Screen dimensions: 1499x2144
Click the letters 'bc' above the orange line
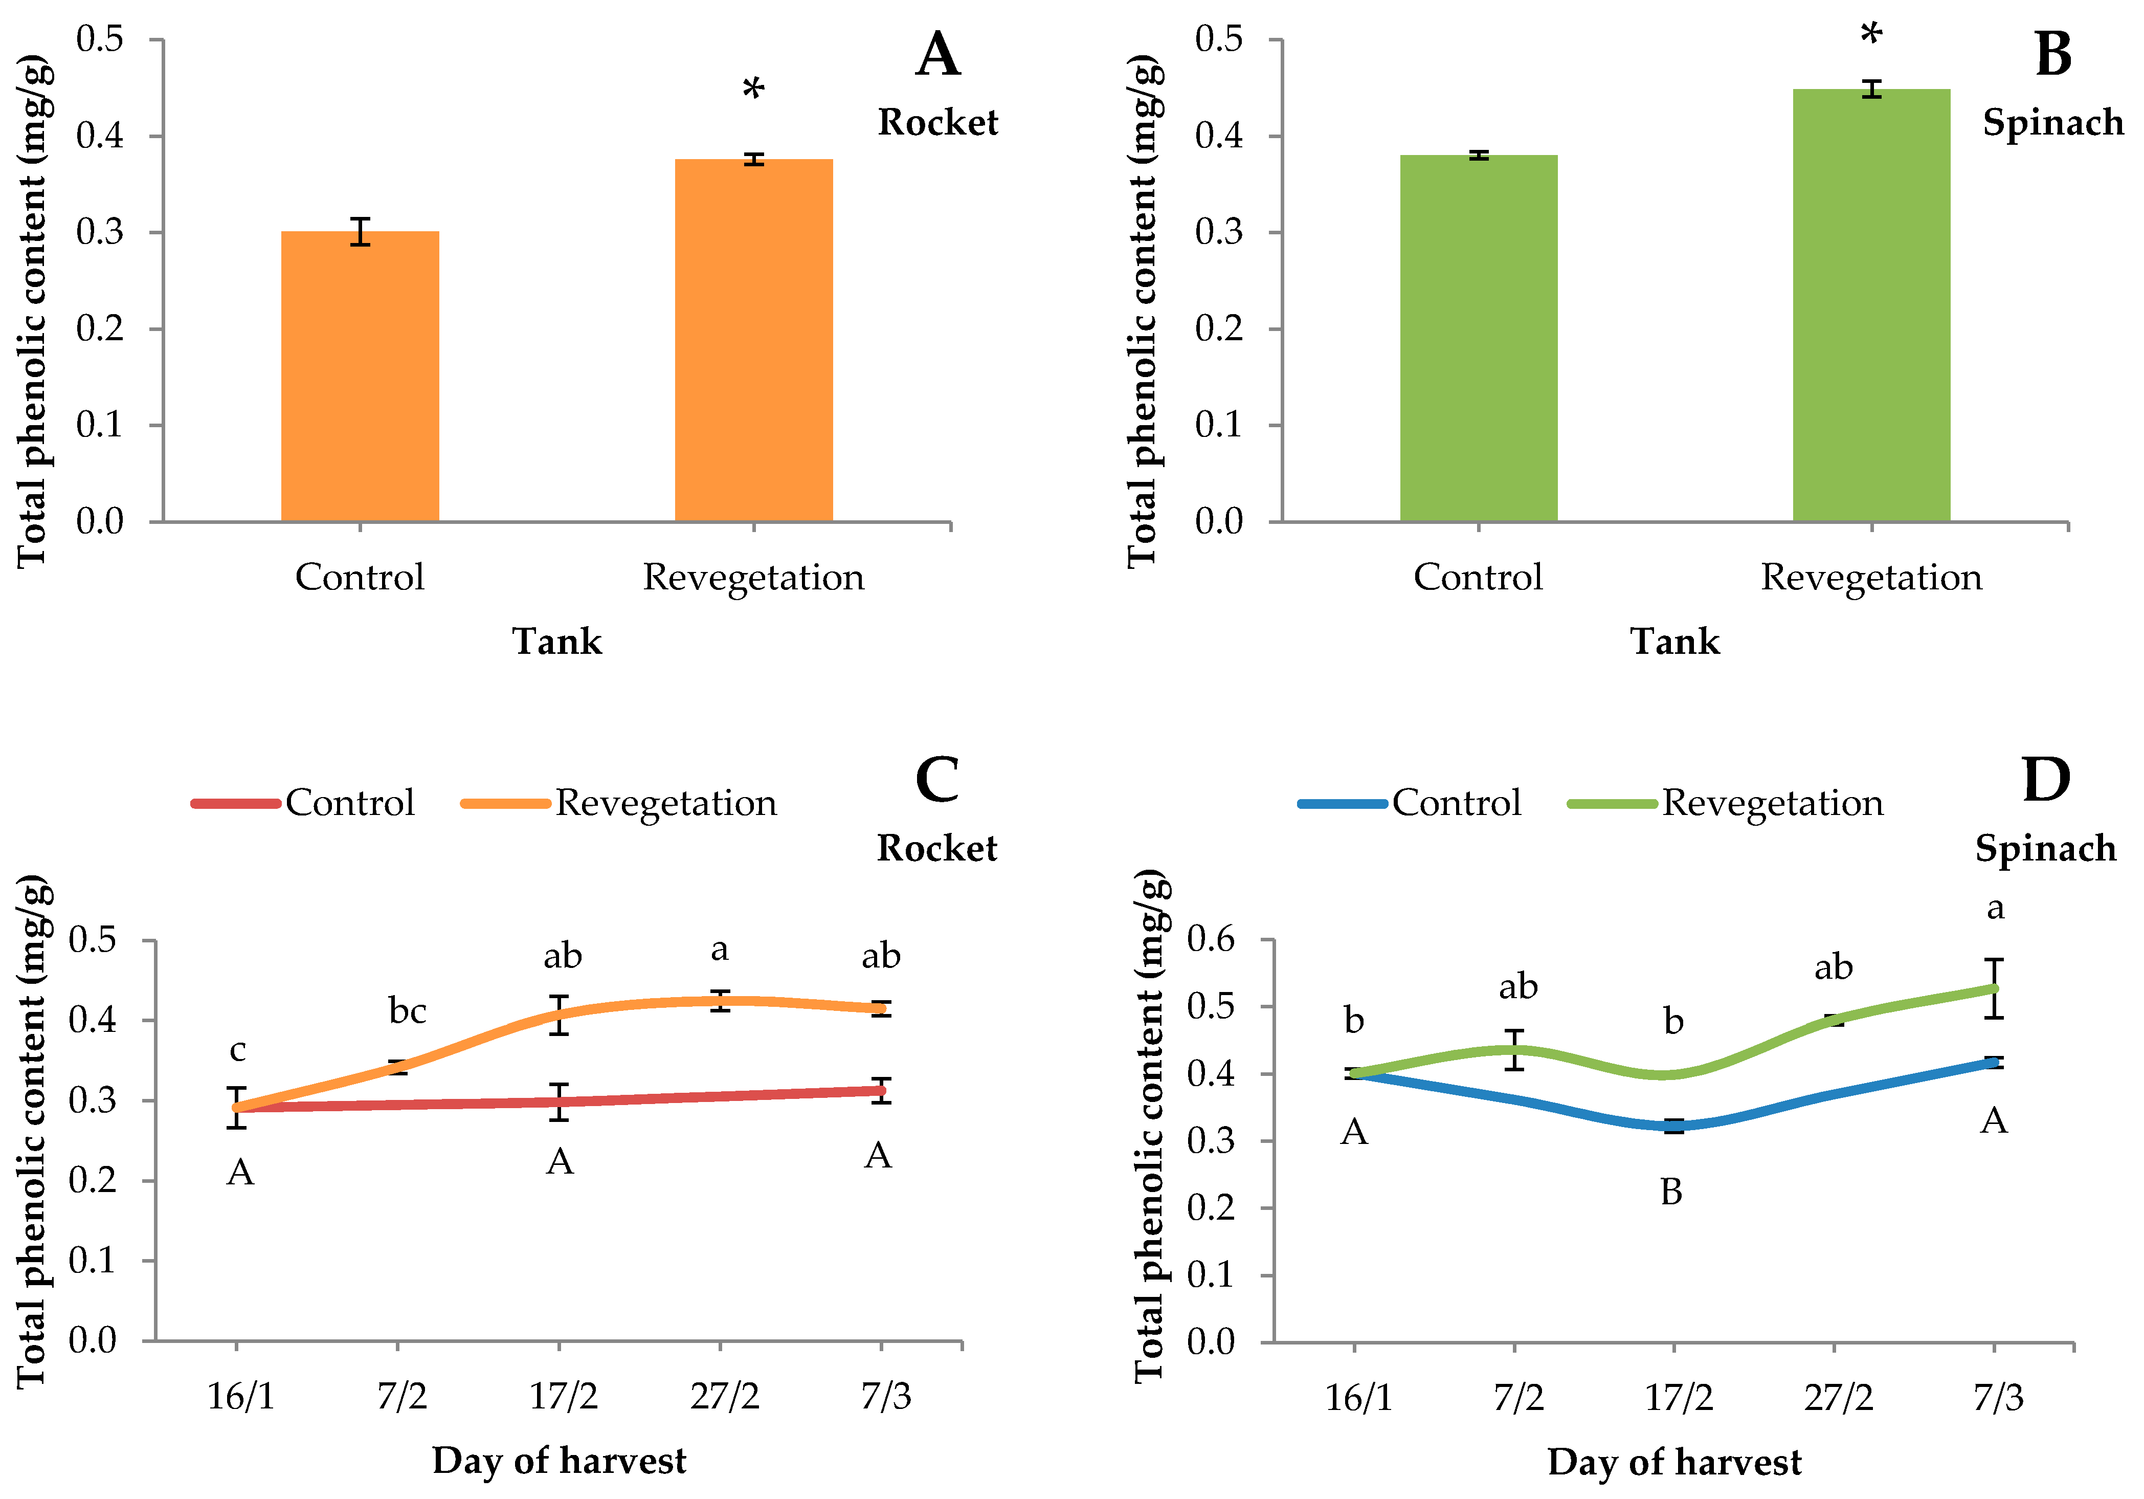coord(407,1010)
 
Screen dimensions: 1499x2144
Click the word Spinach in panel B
coord(2052,122)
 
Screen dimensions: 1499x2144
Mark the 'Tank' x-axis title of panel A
coord(557,642)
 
